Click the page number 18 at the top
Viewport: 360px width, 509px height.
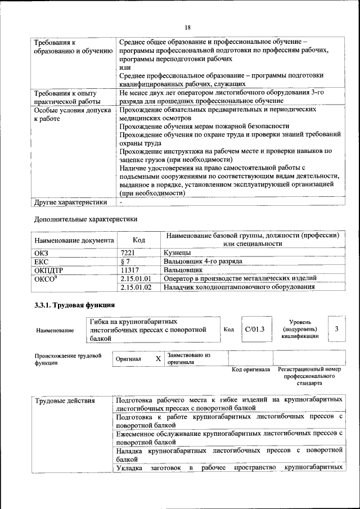point(187,26)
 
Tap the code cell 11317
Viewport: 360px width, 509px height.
point(130,269)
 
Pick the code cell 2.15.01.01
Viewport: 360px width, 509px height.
point(136,278)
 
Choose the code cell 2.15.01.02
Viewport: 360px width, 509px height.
point(136,287)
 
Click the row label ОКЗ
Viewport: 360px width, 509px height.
point(42,253)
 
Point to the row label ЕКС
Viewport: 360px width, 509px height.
point(42,261)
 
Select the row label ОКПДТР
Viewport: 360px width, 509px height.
point(48,269)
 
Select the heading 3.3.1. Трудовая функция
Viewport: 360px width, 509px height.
point(75,305)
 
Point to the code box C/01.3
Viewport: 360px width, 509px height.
point(254,329)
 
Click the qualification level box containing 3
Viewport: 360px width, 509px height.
point(336,328)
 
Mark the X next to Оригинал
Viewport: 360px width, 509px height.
point(158,358)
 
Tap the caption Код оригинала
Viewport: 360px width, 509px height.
point(251,370)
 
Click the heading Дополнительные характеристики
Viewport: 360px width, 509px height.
point(85,219)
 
